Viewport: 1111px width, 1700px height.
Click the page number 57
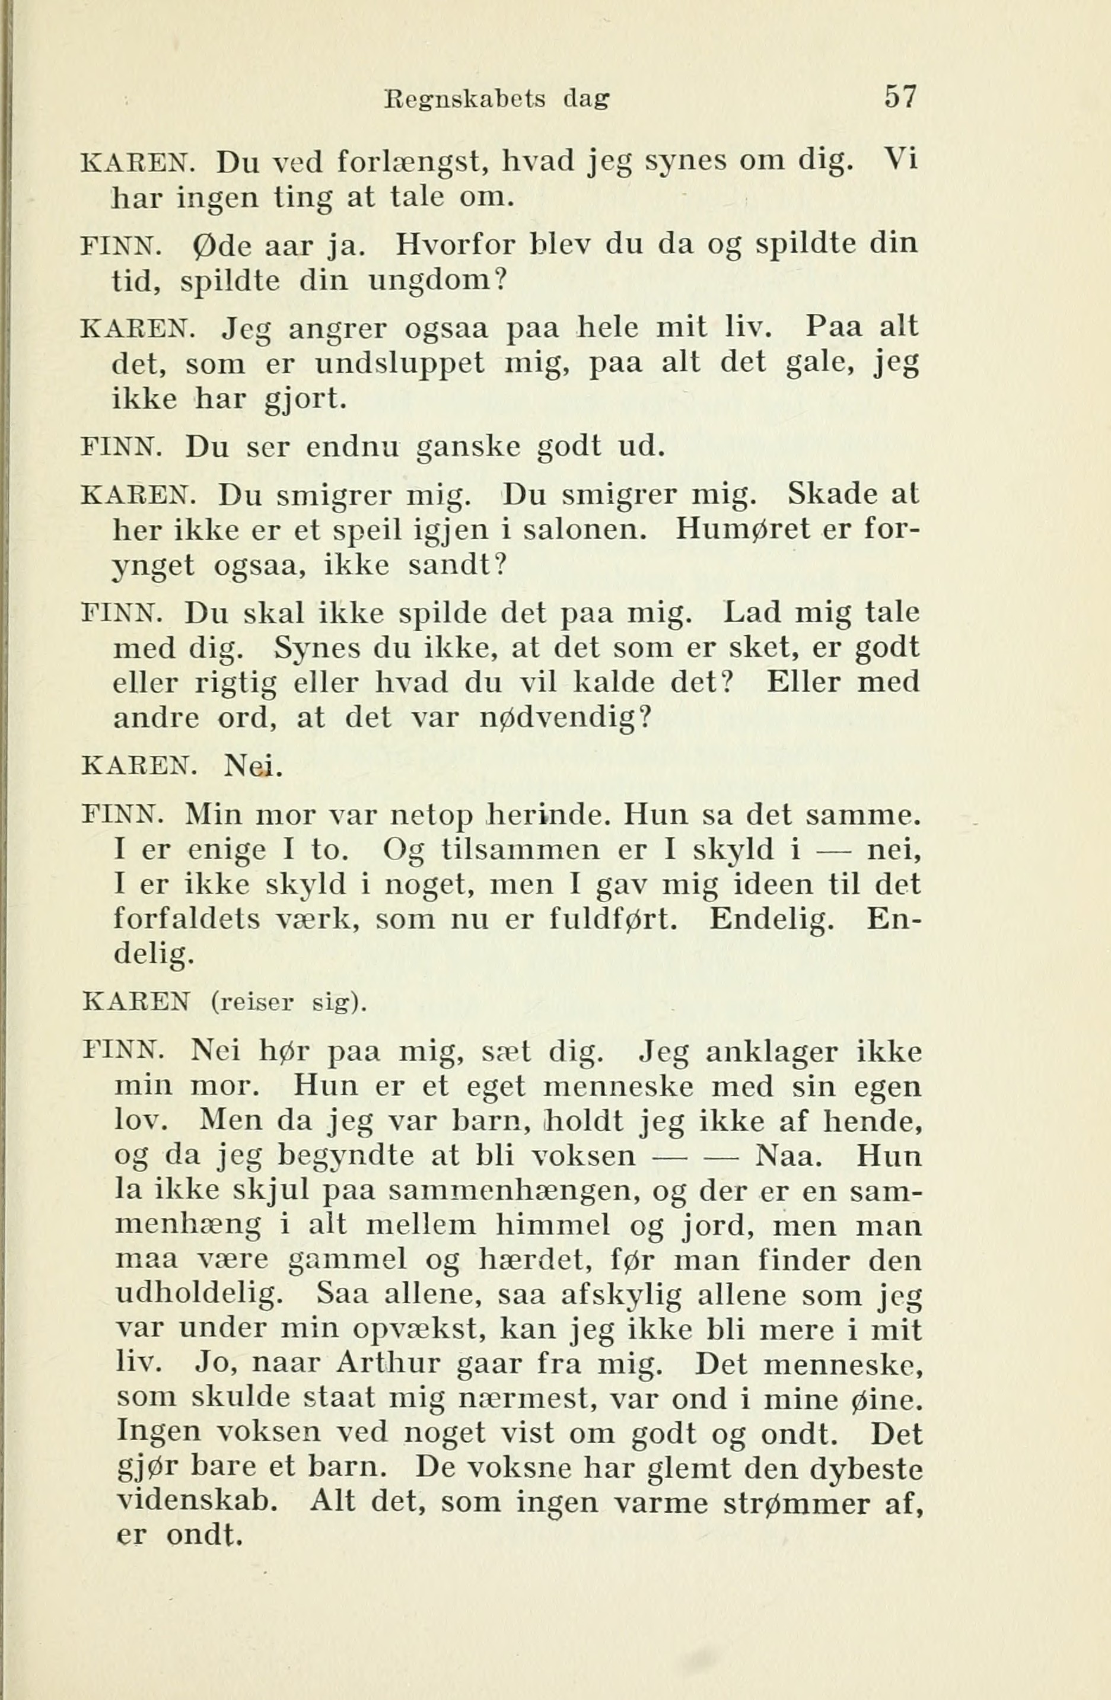(899, 97)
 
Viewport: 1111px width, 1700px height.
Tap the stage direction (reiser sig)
(289, 1004)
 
